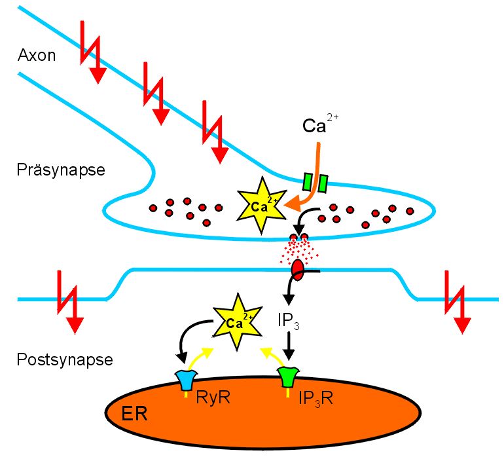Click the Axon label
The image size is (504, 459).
[x=37, y=56]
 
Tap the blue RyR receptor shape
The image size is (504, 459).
[x=186, y=380]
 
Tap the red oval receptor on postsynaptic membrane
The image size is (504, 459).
[x=298, y=269]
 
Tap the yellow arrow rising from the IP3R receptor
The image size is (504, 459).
[x=270, y=358]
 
